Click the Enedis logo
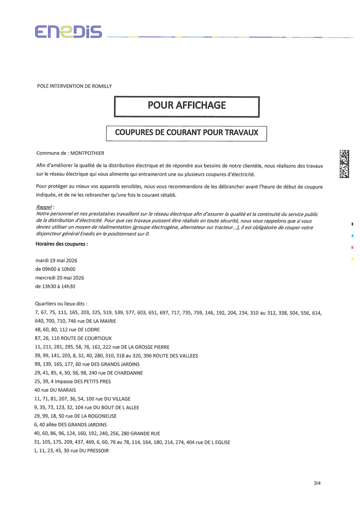(68, 32)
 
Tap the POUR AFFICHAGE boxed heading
(187, 106)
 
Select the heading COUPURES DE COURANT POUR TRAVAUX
(186, 132)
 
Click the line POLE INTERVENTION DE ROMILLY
(74, 86)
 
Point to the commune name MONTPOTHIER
(87, 153)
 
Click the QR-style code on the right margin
(344, 164)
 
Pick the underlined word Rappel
(44, 208)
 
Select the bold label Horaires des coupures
(62, 243)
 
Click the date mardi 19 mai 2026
(56, 261)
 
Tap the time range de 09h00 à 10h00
(56, 269)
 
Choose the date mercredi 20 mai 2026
(60, 278)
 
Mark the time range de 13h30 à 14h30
(56, 287)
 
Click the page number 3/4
(317, 483)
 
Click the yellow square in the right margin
(352, 259)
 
